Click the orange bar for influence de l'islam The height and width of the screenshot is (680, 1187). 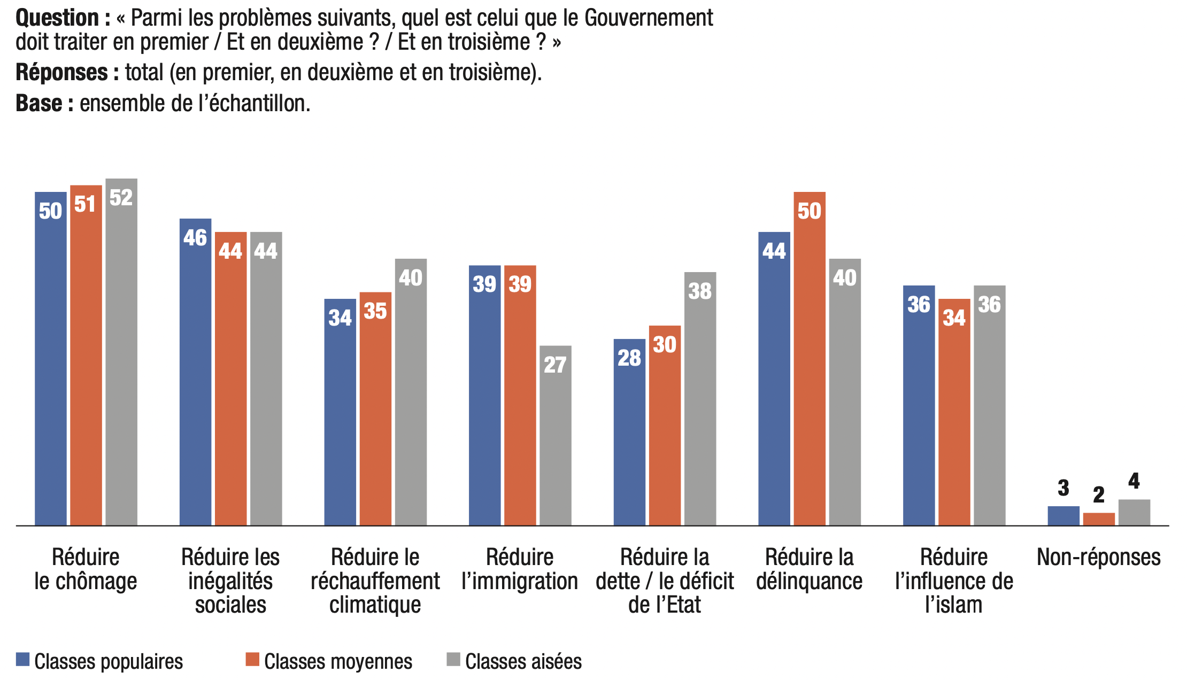[x=954, y=412]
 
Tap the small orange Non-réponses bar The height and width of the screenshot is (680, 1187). [x=1099, y=519]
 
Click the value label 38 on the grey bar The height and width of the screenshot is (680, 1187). [x=700, y=291]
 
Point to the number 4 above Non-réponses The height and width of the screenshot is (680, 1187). [x=1134, y=482]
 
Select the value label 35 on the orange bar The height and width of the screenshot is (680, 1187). [x=375, y=311]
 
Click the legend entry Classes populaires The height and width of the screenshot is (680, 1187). [x=109, y=662]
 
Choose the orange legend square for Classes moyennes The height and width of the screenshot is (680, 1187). [x=252, y=659]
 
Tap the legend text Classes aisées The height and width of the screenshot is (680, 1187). [x=523, y=662]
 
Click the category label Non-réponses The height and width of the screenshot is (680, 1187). [x=1098, y=558]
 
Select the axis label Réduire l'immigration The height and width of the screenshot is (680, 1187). [x=520, y=569]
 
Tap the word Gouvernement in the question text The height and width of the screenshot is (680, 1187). [x=649, y=18]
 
